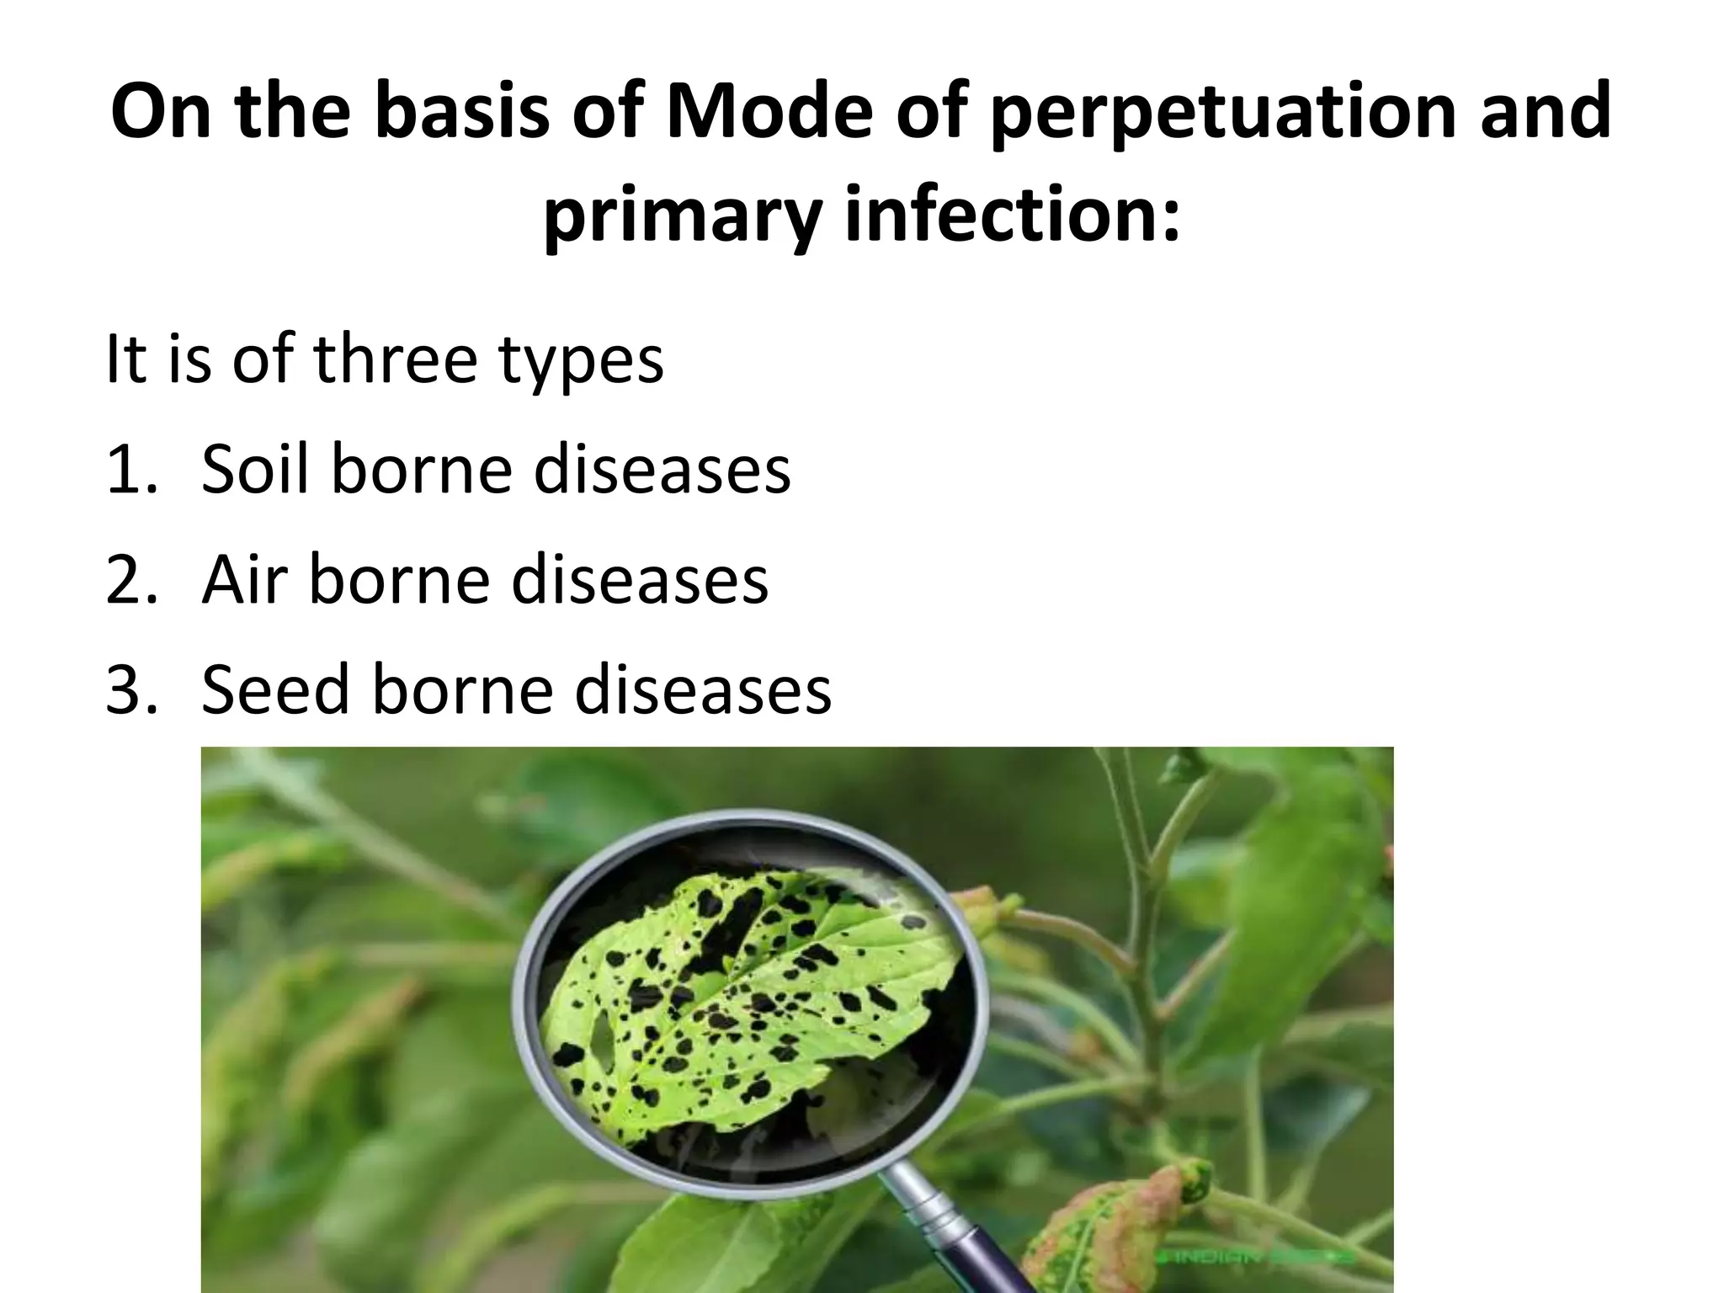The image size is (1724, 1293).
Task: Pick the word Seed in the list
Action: coord(274,689)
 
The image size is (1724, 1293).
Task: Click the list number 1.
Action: coord(126,470)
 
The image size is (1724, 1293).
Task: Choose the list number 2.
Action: coord(126,580)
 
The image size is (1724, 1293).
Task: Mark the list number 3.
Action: coord(126,690)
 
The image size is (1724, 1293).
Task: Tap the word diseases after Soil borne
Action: coord(662,469)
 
